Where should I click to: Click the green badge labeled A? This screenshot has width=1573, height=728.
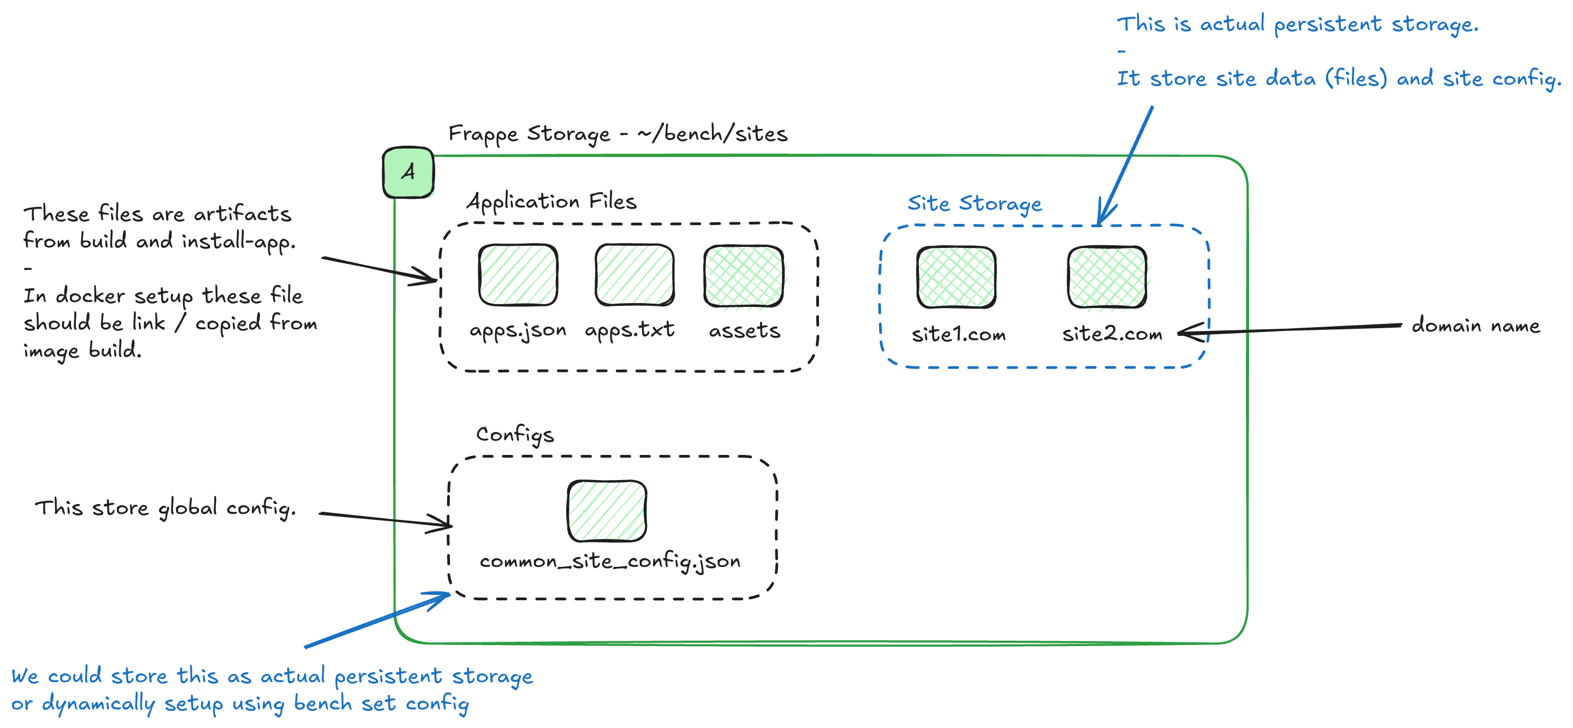(408, 172)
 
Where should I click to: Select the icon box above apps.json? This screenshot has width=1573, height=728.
(518, 275)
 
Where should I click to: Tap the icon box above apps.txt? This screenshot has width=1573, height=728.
(634, 275)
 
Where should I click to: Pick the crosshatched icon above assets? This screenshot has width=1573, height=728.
(743, 276)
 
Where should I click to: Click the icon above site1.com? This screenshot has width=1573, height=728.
(956, 277)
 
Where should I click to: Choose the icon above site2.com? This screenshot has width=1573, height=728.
(1107, 277)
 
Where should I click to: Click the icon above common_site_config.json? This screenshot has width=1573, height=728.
(607, 511)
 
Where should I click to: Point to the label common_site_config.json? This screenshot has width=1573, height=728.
(609, 561)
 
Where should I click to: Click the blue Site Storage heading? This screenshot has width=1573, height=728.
(975, 203)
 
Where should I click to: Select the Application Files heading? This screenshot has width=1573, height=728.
(551, 201)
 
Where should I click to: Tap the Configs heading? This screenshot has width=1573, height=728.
(515, 434)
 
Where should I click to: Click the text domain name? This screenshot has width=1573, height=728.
(1475, 325)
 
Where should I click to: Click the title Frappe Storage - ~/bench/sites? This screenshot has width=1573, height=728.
(618, 134)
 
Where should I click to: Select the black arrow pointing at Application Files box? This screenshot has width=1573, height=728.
(378, 269)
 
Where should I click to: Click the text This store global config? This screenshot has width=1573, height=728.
(165, 507)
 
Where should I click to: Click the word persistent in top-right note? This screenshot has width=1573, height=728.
(1327, 25)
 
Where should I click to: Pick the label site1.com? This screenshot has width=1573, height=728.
(958, 334)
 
